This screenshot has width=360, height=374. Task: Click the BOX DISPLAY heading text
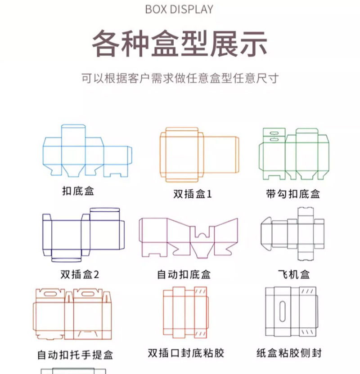point(180,9)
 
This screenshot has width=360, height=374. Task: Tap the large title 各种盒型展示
point(180,44)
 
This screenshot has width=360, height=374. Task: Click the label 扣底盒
point(78,191)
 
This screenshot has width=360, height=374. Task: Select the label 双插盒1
point(193,194)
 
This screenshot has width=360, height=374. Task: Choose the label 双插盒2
point(80,274)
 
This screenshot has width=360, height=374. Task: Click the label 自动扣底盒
point(184,274)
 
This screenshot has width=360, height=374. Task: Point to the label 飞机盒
point(293,274)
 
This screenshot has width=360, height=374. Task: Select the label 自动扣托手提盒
point(75,355)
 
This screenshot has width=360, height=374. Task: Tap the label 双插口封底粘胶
point(185,353)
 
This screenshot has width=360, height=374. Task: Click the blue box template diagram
point(88,151)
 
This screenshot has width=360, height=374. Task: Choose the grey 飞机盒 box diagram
point(292,234)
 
